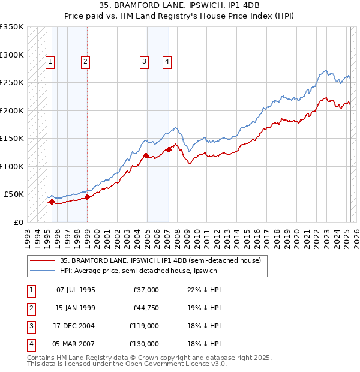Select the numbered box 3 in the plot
coord(144,61)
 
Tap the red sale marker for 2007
coord(169,150)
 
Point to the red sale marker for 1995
coord(52,202)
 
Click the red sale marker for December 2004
coord(146,156)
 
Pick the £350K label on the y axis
coord(12,27)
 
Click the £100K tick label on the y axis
coord(12,166)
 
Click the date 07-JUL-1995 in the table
coord(75,290)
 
